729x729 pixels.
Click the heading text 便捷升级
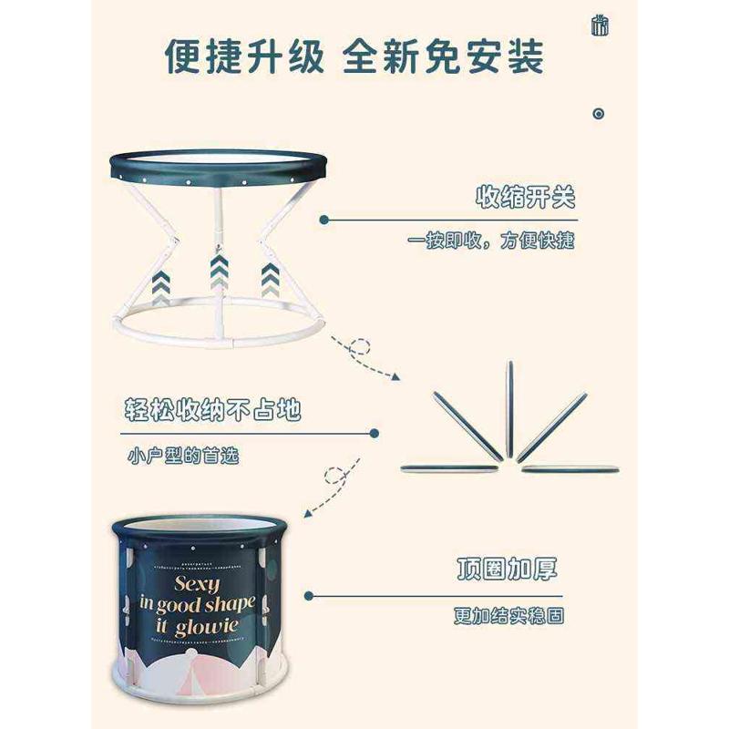[243, 56]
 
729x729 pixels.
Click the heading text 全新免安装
[444, 56]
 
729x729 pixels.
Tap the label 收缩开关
[526, 198]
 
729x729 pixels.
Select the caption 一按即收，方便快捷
[491, 241]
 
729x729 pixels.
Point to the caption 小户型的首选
[182, 454]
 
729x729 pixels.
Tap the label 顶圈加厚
[507, 570]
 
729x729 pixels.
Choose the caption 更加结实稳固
[508, 615]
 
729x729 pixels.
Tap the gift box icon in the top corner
[599, 25]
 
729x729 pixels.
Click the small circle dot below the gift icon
[599, 114]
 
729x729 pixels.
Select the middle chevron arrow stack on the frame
[218, 271]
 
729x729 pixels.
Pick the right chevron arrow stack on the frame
[270, 279]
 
